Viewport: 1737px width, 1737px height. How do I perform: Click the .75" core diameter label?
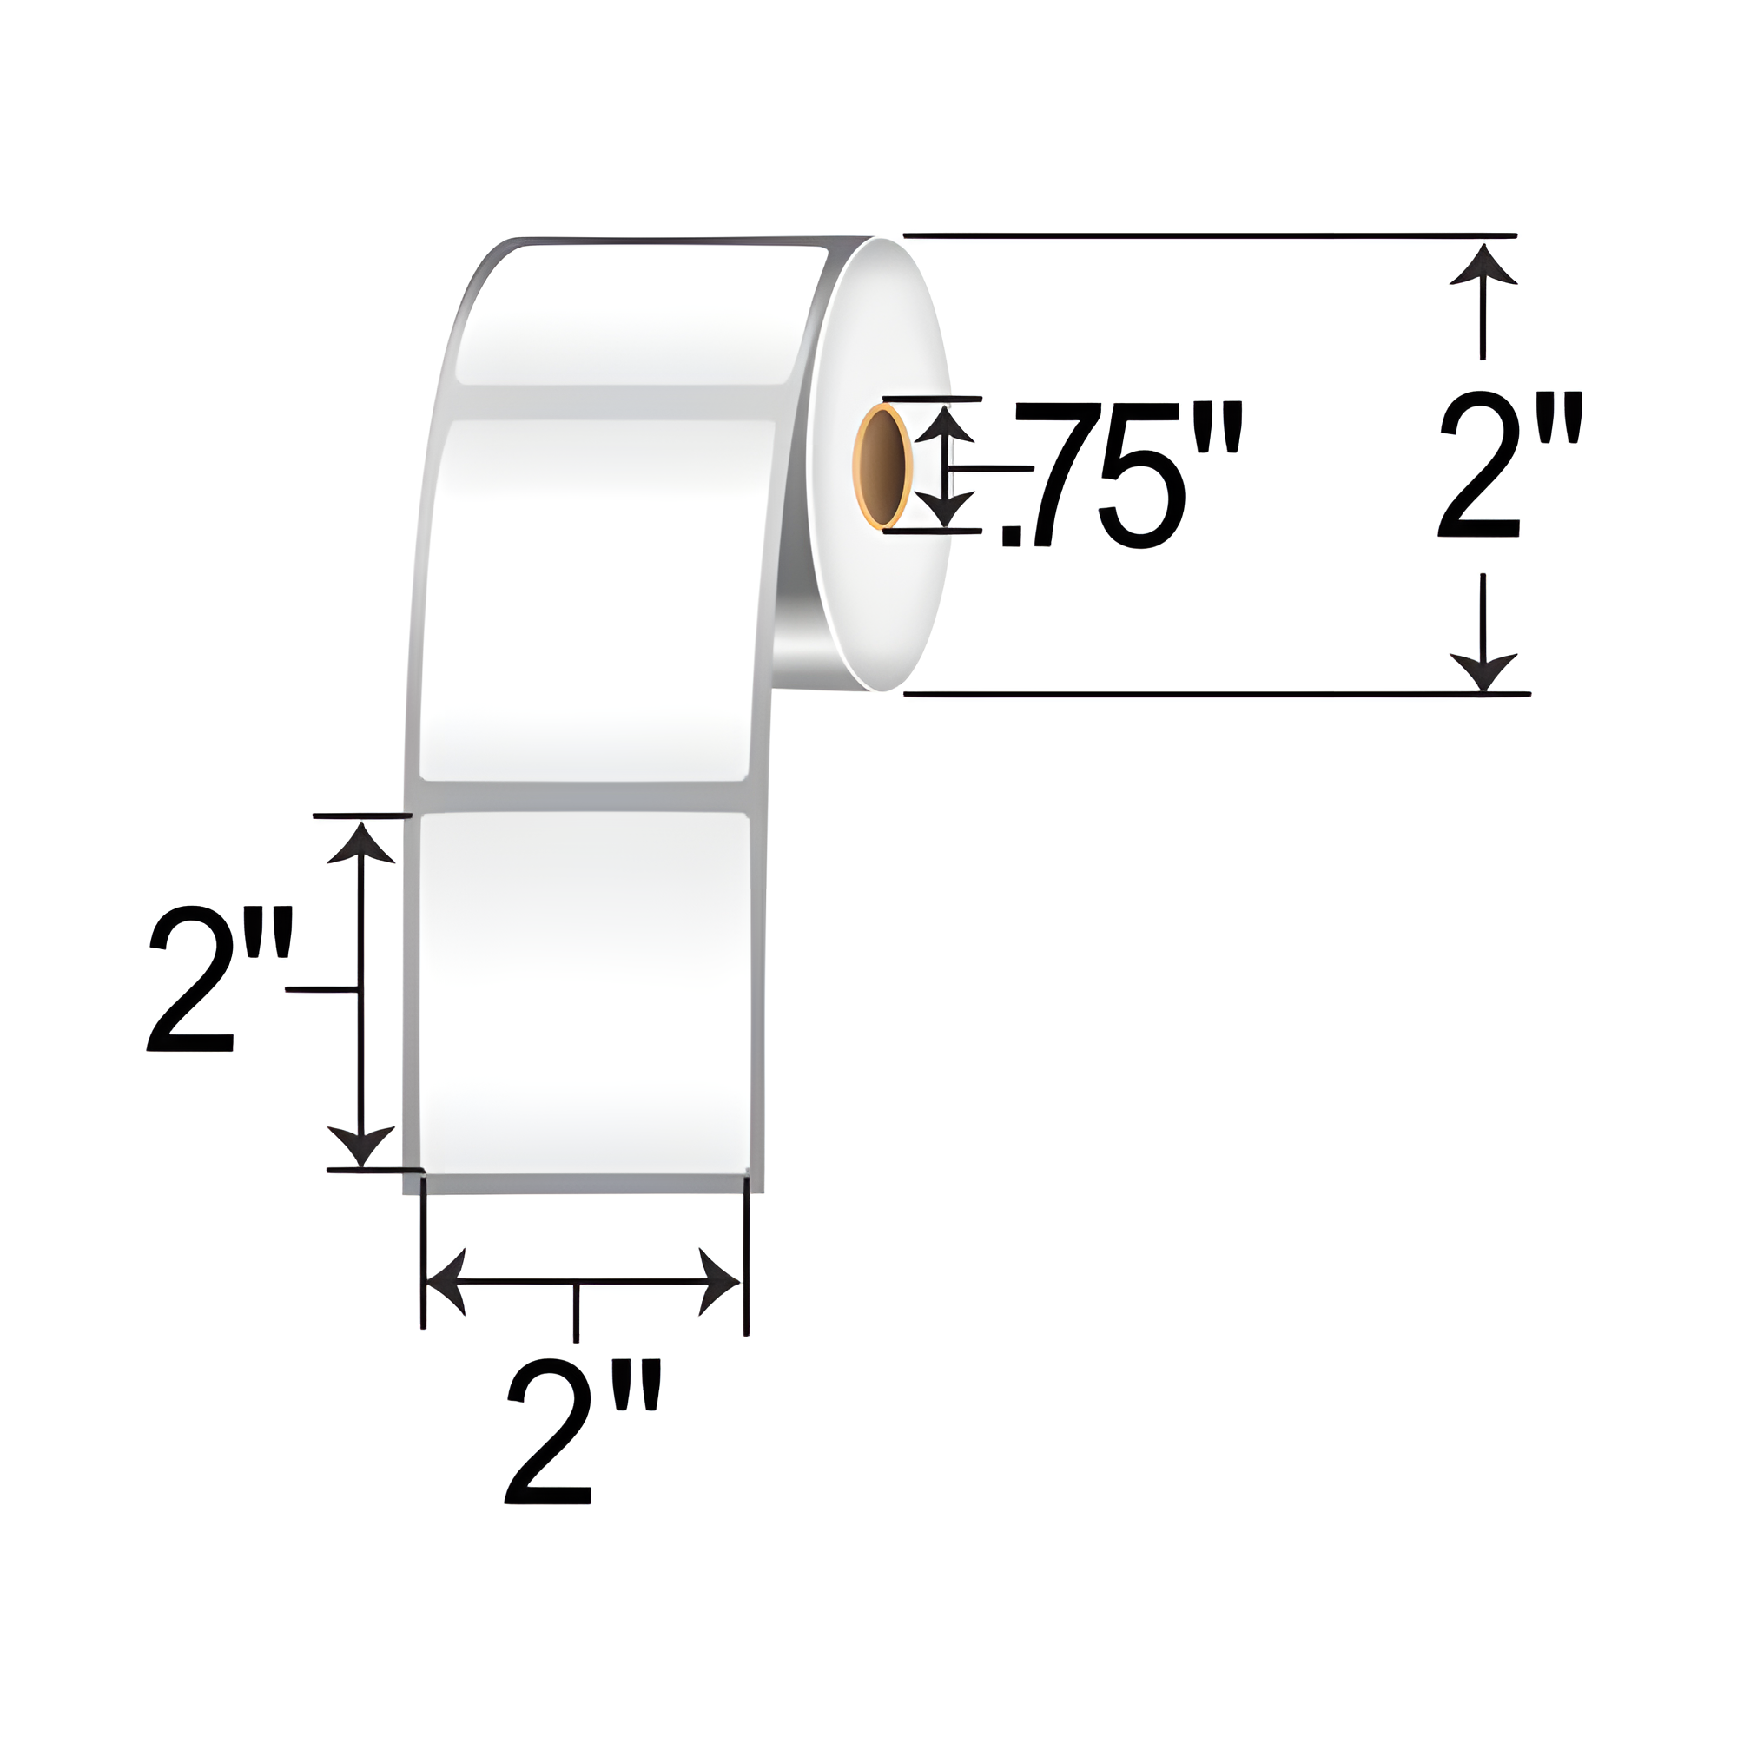1119,474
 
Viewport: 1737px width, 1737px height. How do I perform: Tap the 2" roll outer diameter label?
1508,466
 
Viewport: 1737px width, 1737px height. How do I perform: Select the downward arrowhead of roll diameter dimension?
1483,670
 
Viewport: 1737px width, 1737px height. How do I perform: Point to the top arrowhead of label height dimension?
360,842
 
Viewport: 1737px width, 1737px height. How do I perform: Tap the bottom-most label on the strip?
585,989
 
